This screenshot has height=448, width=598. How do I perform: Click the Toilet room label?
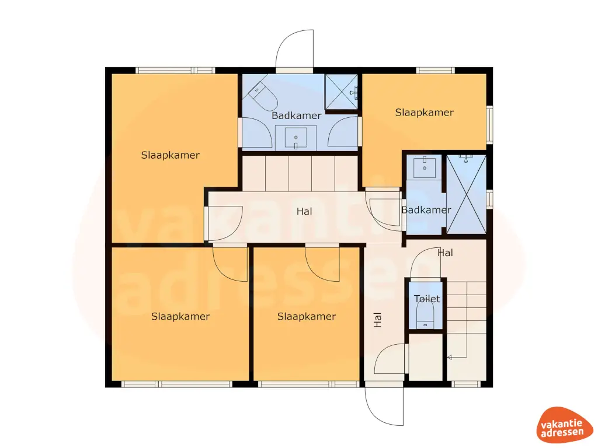426,299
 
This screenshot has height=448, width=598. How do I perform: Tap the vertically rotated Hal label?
378,318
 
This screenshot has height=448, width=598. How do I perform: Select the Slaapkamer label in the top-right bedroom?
424,113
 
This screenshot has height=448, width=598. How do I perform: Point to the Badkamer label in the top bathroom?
296,116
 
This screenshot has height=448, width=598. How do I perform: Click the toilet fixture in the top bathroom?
264,96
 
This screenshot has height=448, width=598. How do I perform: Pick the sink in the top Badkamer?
296,138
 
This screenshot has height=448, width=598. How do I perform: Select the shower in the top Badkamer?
340,92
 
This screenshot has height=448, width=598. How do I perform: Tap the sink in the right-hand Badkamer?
425,167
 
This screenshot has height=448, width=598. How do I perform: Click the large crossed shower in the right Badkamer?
465,194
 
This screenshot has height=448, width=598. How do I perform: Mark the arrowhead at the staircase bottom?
449,357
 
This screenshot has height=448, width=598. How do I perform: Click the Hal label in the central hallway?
304,212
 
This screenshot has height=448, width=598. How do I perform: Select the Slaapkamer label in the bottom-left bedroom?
180,317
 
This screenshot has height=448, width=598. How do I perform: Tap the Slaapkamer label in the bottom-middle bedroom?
306,317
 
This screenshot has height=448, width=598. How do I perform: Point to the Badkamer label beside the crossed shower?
426,210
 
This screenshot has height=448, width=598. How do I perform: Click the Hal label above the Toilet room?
445,253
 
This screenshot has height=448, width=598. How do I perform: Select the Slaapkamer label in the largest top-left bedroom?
170,155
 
